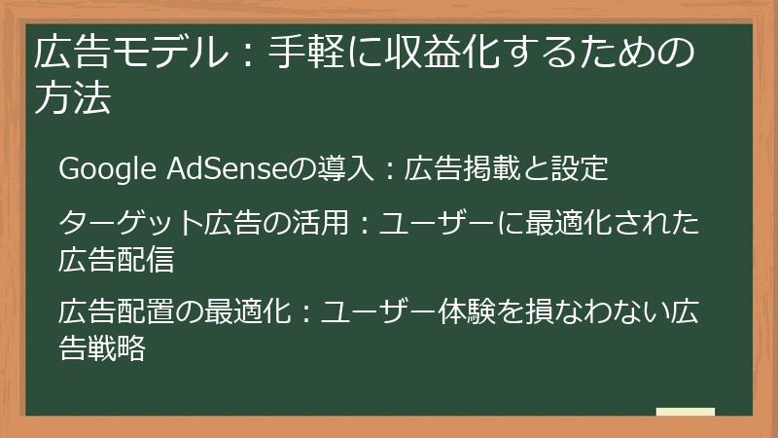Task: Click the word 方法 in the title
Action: coord(72,99)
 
